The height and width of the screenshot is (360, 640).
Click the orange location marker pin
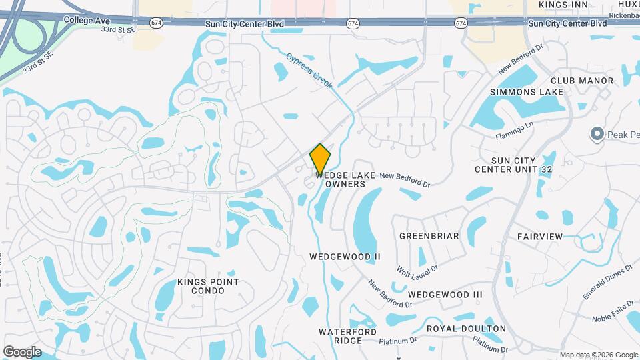[320, 159]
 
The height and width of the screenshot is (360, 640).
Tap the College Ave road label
[87, 21]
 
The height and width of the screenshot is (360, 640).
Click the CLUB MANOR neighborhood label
[582, 81]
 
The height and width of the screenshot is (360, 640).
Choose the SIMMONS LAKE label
[527, 91]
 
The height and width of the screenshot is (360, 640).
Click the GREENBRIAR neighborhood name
[429, 236]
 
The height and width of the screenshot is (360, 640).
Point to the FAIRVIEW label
[540, 236]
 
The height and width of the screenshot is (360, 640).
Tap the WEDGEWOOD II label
[345, 256]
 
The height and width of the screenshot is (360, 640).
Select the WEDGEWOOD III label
[445, 294]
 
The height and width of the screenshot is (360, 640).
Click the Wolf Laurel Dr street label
[417, 269]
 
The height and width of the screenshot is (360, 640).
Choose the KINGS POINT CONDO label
[208, 287]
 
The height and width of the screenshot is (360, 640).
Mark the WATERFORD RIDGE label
[347, 336]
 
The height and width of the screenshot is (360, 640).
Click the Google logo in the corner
[22, 351]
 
